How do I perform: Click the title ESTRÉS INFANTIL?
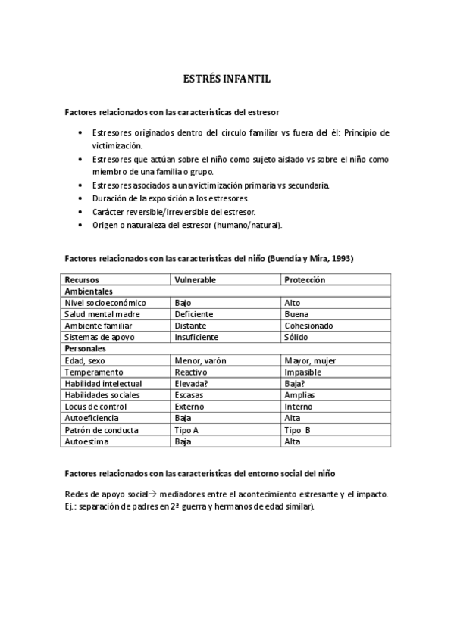(x=227, y=78)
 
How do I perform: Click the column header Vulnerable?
(x=195, y=279)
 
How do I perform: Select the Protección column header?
(x=305, y=279)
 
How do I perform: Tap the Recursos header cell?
(x=82, y=279)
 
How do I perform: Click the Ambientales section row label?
(x=89, y=291)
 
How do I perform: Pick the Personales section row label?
(x=85, y=348)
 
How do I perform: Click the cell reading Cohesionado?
(x=308, y=326)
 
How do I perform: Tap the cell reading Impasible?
(x=302, y=372)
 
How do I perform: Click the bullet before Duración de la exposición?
(x=81, y=198)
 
